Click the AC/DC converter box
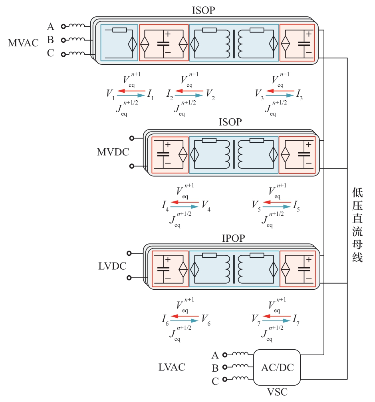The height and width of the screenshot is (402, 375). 277,367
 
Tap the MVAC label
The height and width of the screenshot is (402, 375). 23,43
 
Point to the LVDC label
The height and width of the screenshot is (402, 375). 112,266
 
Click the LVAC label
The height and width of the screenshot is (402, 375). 172,367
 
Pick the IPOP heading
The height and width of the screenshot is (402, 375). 233,239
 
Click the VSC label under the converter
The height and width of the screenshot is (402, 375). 277,392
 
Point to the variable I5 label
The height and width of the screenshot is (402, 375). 297,206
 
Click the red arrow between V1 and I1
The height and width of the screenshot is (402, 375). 131,91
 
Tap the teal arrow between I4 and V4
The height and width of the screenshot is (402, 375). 184,207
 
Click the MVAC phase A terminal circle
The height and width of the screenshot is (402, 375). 63,27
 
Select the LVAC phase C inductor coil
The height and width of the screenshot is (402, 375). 241,378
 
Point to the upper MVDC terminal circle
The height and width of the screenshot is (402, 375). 131,138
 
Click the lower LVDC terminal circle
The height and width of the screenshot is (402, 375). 129,278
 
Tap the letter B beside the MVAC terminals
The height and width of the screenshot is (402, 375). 50,40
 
